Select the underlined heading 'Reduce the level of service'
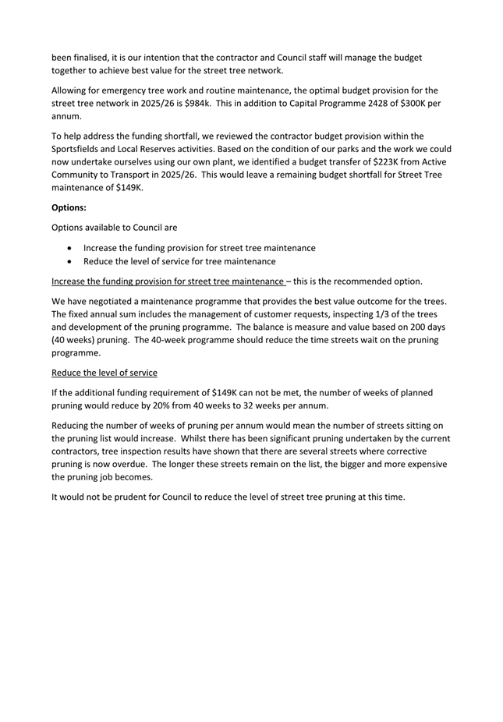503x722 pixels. click(104, 373)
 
